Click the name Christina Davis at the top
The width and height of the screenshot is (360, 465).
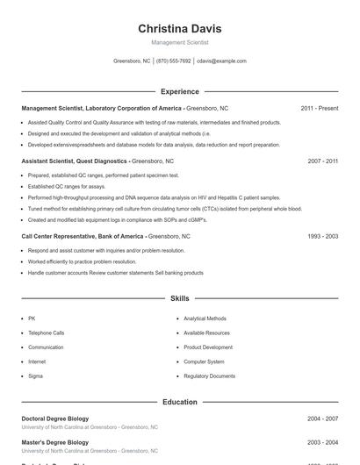pos(179,28)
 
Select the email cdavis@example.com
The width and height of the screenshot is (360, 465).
pos(221,61)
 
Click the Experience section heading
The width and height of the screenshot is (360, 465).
pos(179,91)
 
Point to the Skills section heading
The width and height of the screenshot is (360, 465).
pos(179,298)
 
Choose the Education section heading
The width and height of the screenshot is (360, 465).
pos(179,402)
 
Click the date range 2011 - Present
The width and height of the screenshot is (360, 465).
pos(319,108)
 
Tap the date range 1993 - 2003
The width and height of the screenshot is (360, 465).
pos(323,236)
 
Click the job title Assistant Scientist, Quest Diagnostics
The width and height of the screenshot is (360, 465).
pos(75,161)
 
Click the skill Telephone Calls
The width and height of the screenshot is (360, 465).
pos(46,333)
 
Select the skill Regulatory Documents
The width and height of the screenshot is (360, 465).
pos(209,376)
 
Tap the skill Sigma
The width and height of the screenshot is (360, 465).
pos(35,376)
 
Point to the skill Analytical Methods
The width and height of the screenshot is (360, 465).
pos(205,318)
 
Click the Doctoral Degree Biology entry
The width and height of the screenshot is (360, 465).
pos(54,418)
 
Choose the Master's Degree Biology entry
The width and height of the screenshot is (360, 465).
pos(54,442)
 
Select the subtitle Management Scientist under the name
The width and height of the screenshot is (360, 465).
pos(179,42)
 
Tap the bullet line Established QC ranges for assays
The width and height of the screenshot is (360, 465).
pos(66,187)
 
